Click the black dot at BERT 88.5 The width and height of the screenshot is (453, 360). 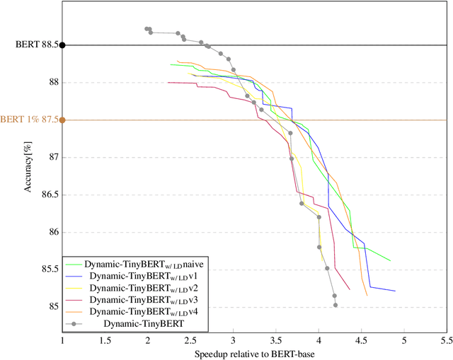click(x=62, y=45)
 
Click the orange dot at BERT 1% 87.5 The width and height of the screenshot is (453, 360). click(x=62, y=120)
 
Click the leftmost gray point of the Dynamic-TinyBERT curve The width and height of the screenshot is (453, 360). click(x=147, y=29)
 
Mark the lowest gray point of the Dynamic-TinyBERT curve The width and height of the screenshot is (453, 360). click(x=336, y=305)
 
